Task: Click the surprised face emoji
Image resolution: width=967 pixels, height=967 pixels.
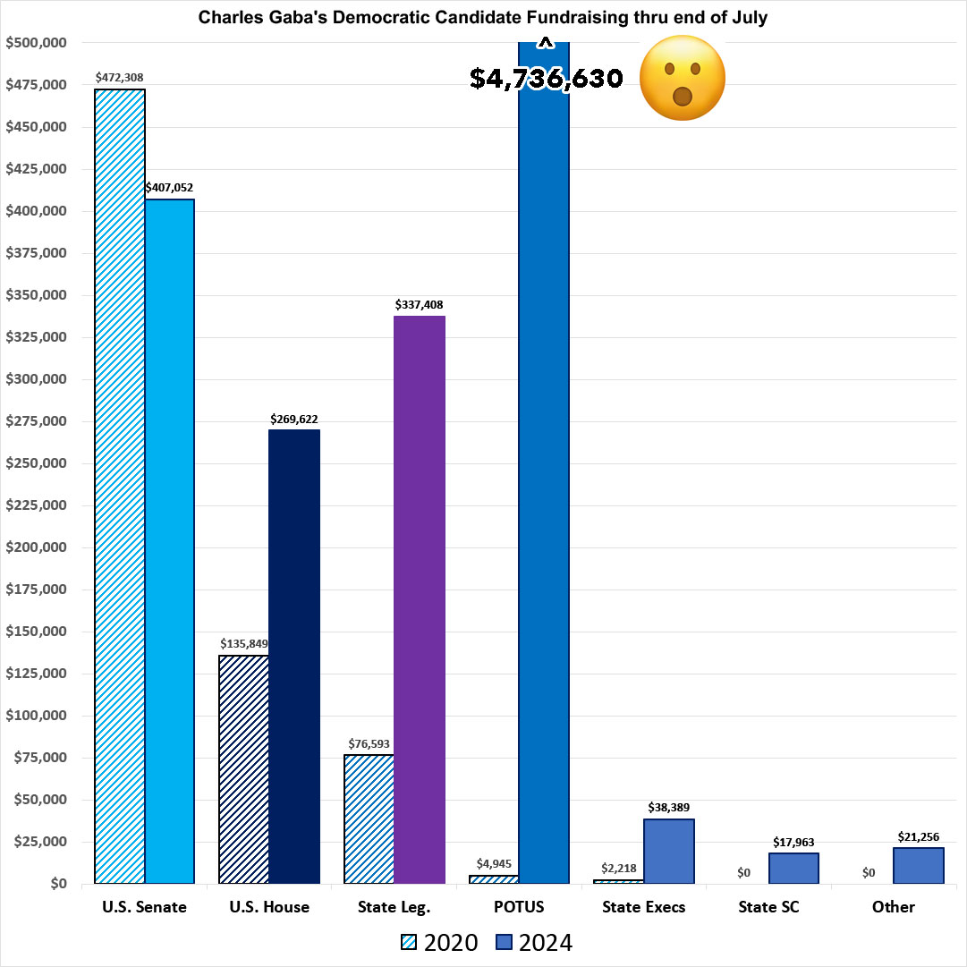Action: click(x=683, y=78)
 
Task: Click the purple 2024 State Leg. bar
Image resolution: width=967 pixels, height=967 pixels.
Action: click(x=420, y=599)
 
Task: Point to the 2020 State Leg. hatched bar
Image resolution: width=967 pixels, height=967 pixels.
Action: click(x=369, y=819)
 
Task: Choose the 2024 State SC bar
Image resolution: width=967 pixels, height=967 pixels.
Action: click(x=793, y=869)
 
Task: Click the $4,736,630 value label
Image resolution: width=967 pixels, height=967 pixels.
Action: click(x=547, y=79)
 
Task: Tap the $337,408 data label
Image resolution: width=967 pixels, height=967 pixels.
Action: click(x=420, y=305)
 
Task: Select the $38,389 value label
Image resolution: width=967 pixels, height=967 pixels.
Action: click(x=669, y=808)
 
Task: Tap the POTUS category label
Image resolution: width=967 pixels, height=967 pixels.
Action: click(x=519, y=907)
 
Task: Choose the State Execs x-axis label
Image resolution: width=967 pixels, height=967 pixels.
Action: click(x=644, y=907)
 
